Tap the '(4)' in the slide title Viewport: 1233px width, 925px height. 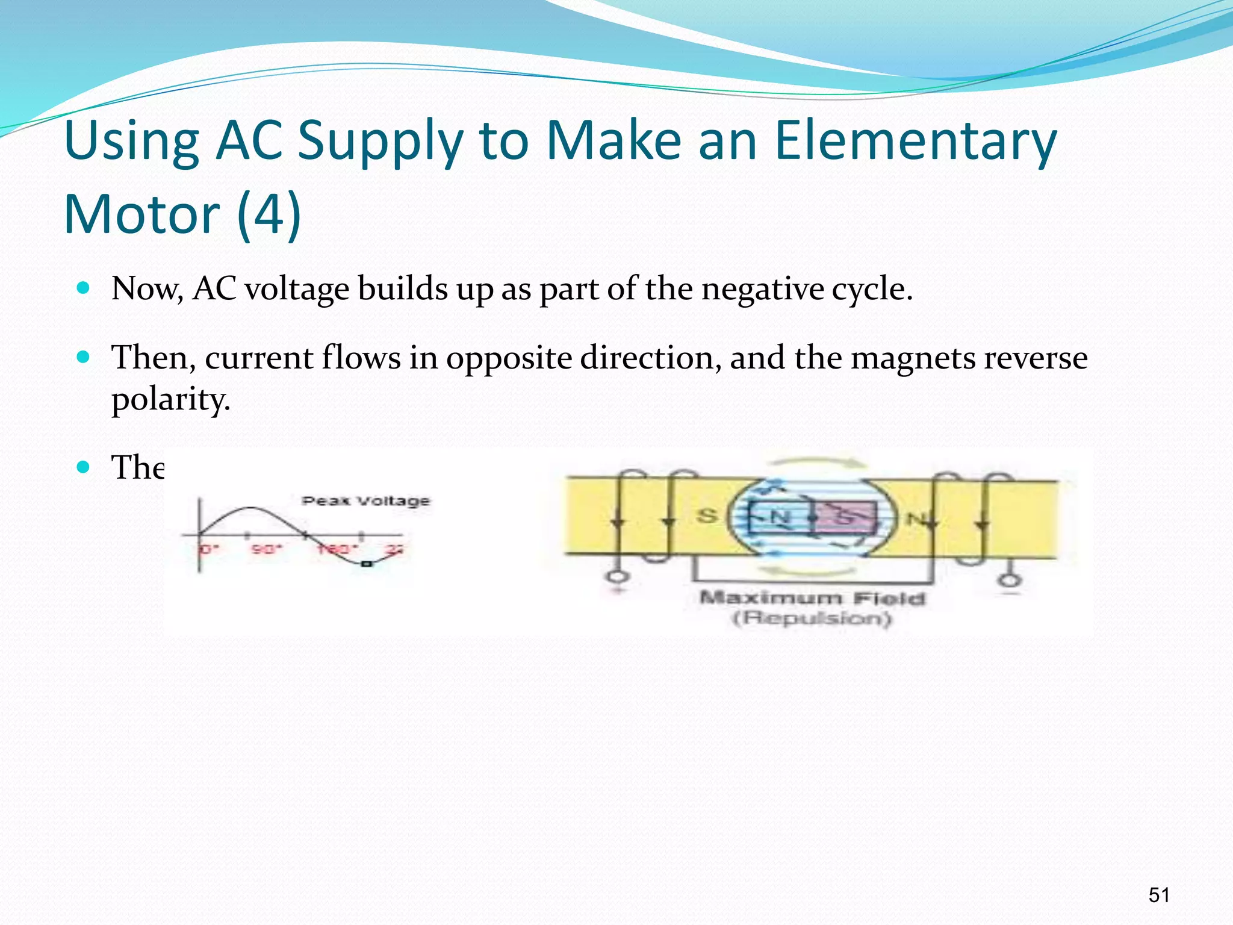click(269, 214)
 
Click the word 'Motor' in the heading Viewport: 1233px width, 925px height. click(142, 214)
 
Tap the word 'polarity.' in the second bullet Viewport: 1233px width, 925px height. click(171, 399)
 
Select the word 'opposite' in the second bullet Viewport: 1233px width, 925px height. click(509, 358)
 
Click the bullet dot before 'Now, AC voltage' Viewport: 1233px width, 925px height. click(84, 287)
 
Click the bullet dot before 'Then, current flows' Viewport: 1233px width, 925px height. click(84, 357)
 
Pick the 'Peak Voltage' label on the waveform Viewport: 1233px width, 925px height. click(366, 501)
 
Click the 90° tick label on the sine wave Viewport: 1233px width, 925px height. click(266, 549)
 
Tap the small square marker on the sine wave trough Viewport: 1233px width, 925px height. click(365, 564)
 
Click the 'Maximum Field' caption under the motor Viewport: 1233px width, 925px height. click(812, 598)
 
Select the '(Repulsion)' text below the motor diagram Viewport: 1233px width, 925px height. click(812, 618)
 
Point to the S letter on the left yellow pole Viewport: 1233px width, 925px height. click(707, 516)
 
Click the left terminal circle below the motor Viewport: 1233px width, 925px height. click(618, 577)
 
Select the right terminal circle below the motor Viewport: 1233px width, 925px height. click(1010, 580)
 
